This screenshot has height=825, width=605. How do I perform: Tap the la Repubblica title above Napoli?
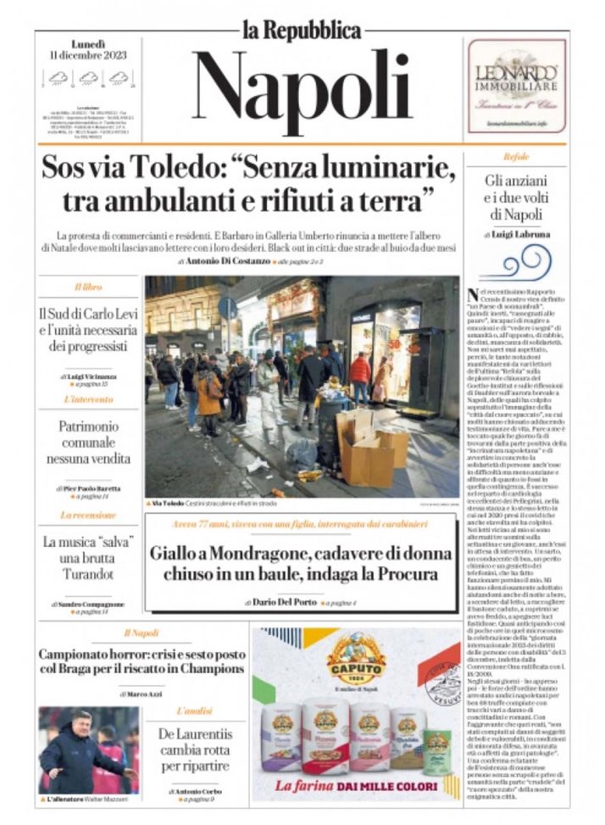pos(302,31)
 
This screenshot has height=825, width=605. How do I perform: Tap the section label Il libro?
pos(88,287)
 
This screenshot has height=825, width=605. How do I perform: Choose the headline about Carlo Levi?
pos(88,330)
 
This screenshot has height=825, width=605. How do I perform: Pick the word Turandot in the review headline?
pos(88,574)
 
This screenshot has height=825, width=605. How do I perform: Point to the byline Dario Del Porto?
pos(283,602)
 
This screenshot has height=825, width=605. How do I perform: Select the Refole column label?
pos(516,157)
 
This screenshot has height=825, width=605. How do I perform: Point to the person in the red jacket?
pos(360,369)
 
